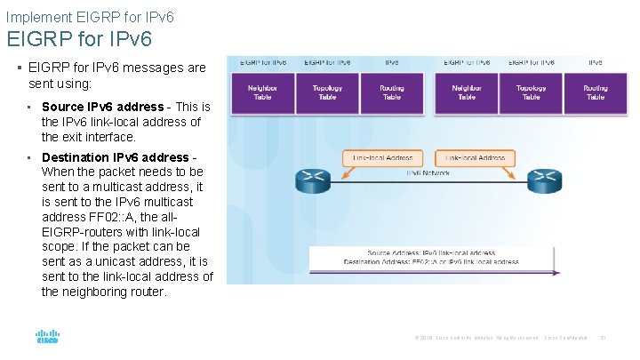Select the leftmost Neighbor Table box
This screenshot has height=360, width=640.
point(262,92)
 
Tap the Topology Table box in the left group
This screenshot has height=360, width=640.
point(327,92)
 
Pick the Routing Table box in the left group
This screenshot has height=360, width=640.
point(392,92)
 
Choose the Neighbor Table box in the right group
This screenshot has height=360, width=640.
point(467,92)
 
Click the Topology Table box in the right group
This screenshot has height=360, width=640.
point(531,92)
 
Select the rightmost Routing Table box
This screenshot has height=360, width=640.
point(596,92)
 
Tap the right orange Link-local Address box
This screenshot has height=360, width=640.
point(475,158)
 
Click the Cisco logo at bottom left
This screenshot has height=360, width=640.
point(47,338)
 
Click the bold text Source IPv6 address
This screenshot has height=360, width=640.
point(102,107)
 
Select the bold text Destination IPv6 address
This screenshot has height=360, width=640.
point(115,157)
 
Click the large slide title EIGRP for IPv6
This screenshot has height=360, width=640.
point(79,39)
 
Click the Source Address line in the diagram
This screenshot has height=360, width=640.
point(431,252)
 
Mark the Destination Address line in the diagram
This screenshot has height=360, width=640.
point(431,262)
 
